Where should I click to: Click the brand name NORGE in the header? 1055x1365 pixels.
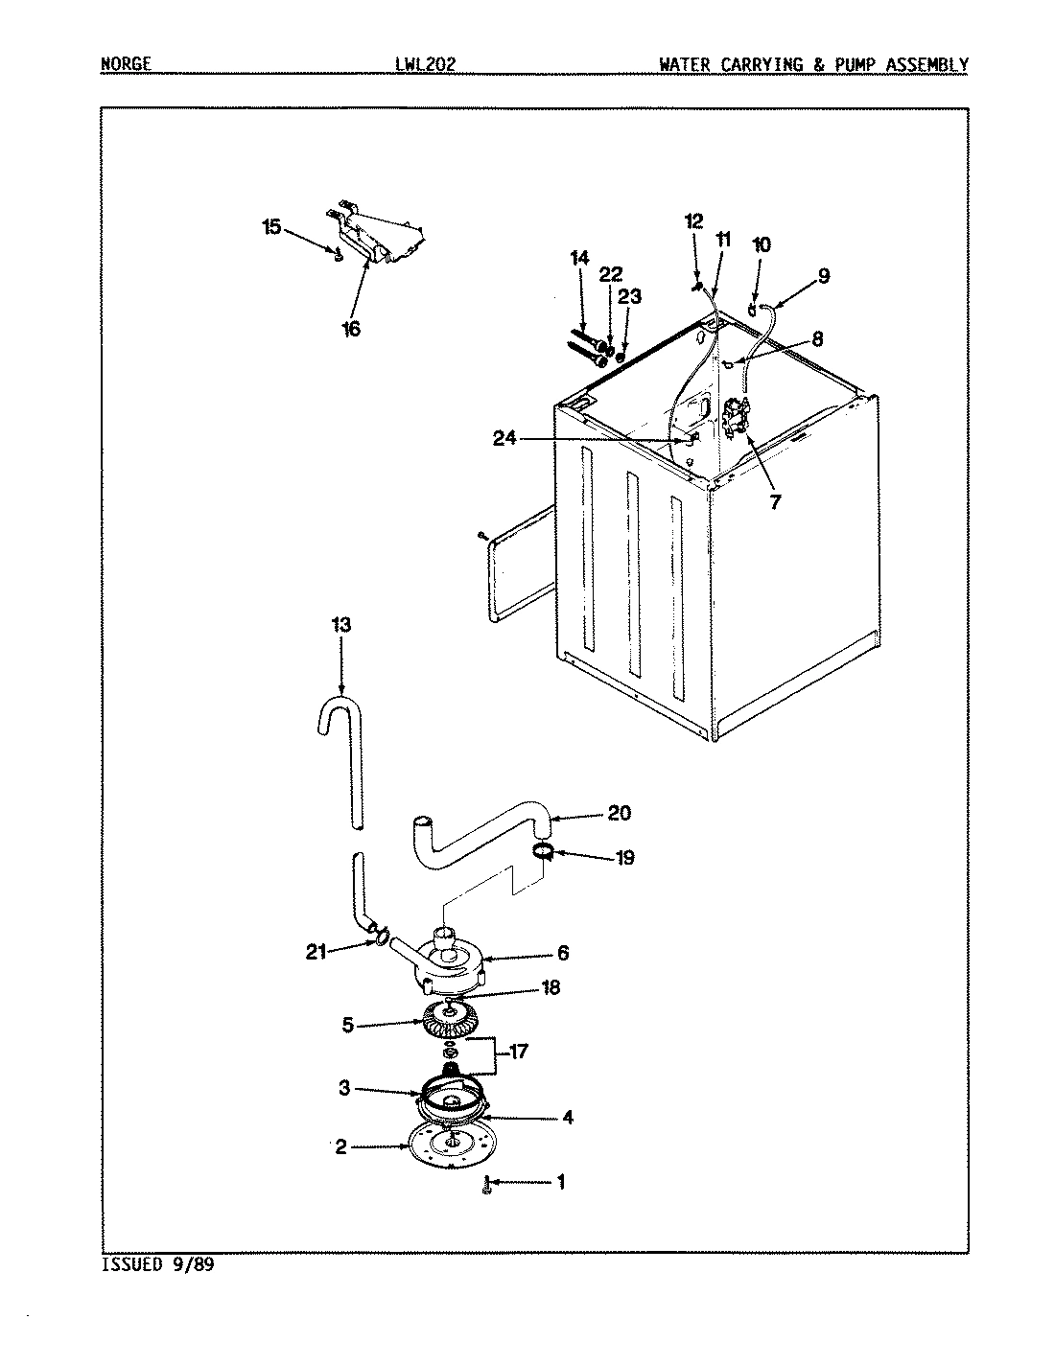click(126, 65)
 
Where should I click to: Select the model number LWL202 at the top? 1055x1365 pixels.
click(424, 65)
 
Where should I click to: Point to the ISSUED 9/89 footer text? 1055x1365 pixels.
click(156, 1264)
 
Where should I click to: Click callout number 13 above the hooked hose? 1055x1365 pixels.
click(340, 625)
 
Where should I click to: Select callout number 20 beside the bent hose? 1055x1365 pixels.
click(620, 813)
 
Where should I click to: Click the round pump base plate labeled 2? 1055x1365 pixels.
click(445, 1146)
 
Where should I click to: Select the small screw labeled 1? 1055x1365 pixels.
click(488, 1187)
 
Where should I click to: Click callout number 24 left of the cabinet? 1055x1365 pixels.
click(505, 439)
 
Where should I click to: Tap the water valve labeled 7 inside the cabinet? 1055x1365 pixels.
click(736, 421)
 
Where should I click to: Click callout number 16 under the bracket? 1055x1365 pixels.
click(351, 329)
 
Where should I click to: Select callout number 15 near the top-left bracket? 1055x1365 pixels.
click(271, 227)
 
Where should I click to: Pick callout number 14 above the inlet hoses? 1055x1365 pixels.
click(578, 258)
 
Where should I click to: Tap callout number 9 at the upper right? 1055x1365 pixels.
click(824, 277)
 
